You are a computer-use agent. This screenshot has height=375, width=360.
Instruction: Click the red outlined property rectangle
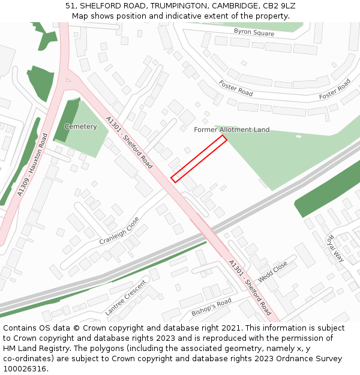pos(199,158)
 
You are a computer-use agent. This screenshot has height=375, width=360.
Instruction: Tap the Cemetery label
pos(80,127)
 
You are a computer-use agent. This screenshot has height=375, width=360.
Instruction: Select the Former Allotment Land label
pos(232,130)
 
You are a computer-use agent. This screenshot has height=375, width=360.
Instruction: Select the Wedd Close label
pos(272,272)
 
